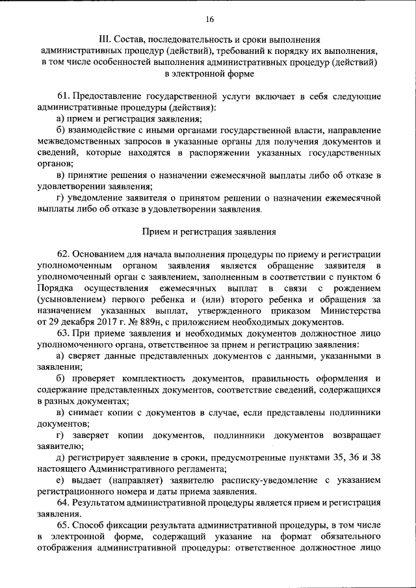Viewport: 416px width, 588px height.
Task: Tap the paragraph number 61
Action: [63, 96]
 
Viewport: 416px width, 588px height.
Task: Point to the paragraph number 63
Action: [63, 333]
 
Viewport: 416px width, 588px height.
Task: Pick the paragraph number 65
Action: [63, 525]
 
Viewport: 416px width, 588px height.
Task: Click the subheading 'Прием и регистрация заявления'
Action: [209, 231]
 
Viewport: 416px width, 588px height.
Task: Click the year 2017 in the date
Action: [108, 322]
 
